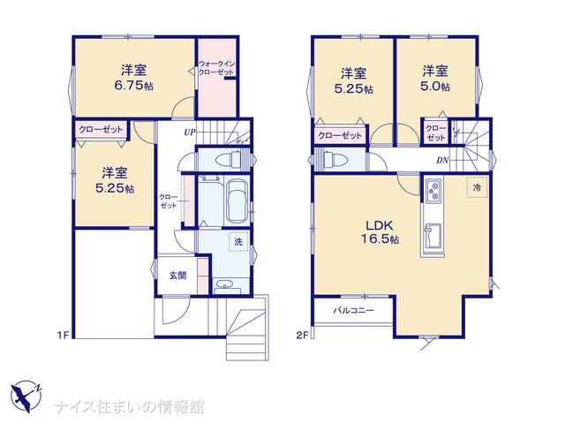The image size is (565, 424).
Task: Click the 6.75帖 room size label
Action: pos(133,87)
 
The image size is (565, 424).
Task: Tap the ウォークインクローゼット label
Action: pos(216,68)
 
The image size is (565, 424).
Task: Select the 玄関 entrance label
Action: pos(178,276)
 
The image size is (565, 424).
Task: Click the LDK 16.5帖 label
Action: pos(380,231)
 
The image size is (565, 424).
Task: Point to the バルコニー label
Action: pos(353,310)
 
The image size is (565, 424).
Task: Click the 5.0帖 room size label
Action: pos(435,87)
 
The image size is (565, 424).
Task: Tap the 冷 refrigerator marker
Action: pos(477,187)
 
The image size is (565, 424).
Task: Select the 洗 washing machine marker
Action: pos(238,241)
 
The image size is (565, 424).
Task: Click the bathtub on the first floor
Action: pos(237,201)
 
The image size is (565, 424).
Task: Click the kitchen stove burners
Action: pos(433,191)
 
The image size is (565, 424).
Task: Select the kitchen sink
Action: pos(432,236)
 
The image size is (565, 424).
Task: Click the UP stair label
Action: pos(190,132)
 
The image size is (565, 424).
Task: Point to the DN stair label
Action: pos(442,160)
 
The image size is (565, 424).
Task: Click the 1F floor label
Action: pos(63,336)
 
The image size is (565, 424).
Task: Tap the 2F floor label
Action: pos(302,336)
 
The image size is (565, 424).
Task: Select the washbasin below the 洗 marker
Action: pos(226,285)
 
